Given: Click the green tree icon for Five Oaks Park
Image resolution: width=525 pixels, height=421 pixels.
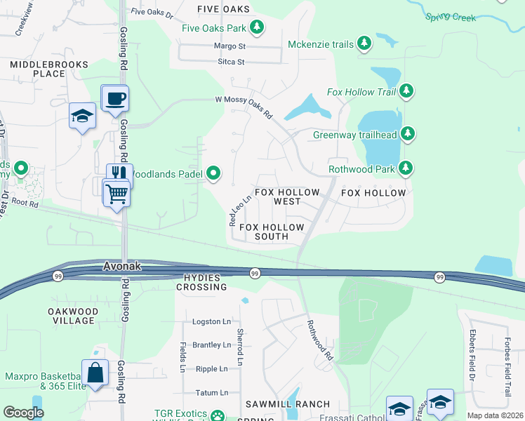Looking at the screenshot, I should tap(258, 28).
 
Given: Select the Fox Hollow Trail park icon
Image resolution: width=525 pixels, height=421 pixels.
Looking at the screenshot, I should tap(406, 92).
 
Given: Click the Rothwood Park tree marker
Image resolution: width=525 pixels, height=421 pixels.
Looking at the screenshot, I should tap(405, 168).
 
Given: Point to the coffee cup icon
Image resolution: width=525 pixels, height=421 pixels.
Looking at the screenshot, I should tap(114, 98).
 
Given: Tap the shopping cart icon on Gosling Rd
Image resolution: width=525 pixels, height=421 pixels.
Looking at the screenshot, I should tap(117, 192).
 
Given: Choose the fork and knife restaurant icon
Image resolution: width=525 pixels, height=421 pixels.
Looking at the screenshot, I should tap(119, 173).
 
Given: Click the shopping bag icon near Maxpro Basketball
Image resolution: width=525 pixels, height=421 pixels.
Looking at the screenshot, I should tap(95, 372).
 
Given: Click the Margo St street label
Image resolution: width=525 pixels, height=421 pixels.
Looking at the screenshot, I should tap(230, 46).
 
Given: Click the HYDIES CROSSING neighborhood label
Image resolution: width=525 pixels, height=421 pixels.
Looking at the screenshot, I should tap(201, 282).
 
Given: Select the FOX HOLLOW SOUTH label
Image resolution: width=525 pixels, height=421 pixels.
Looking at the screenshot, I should tap(272, 232).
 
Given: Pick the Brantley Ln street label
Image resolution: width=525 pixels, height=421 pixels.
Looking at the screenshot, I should tap(211, 345).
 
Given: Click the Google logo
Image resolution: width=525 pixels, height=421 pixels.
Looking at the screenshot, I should tap(23, 413).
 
